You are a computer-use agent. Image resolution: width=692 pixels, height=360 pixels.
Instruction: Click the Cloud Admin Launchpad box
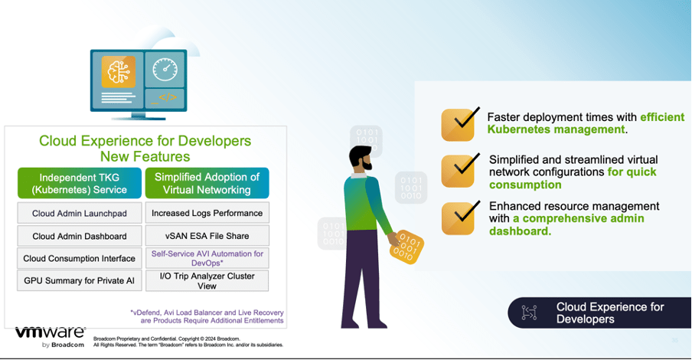(x=79, y=214)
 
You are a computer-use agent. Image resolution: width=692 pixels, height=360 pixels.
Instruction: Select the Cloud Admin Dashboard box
(x=79, y=236)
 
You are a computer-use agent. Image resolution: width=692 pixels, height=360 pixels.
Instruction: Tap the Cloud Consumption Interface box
(x=79, y=258)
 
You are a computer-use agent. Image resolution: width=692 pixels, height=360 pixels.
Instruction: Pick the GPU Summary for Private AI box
(x=79, y=280)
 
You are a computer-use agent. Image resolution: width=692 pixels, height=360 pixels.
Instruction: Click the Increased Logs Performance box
(x=207, y=213)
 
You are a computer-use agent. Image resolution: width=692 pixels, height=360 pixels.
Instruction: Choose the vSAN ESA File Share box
(x=207, y=236)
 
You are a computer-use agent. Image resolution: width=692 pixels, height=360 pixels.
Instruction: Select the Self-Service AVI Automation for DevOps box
(x=207, y=258)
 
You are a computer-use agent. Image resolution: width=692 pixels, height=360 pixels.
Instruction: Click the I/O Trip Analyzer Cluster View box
(x=207, y=280)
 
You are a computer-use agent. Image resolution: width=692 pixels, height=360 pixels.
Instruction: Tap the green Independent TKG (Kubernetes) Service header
(x=79, y=183)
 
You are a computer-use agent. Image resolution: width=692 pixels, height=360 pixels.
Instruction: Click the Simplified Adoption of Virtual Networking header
(x=207, y=183)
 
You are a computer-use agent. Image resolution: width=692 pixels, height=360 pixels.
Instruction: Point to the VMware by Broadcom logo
(x=51, y=336)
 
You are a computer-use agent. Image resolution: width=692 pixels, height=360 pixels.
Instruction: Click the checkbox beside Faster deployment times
(x=459, y=124)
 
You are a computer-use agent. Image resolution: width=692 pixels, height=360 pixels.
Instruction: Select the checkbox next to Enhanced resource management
(x=459, y=218)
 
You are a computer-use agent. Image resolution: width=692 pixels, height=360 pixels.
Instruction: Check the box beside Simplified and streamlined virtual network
(x=459, y=171)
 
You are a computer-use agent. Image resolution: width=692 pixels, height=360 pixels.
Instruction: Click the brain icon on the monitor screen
(x=119, y=71)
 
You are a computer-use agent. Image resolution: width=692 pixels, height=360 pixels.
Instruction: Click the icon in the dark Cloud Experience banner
(x=529, y=313)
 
